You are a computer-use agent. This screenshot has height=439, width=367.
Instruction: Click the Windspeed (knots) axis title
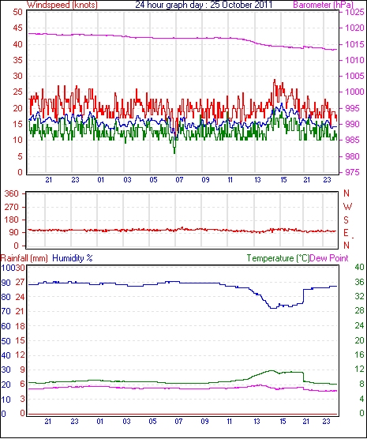[x=62, y=5]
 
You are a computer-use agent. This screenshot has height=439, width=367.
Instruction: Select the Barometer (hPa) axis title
[x=323, y=5]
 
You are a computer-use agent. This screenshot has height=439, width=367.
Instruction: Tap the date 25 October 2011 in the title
[x=241, y=5]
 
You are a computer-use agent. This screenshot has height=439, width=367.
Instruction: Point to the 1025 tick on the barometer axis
[x=354, y=13]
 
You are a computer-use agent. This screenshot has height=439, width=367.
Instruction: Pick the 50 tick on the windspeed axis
[x=17, y=13]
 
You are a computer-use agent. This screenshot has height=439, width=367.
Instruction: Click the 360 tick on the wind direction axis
[x=12, y=193]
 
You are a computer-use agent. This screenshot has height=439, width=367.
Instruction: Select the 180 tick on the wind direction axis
[x=12, y=219]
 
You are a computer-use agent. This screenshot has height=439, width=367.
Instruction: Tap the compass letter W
[x=347, y=207]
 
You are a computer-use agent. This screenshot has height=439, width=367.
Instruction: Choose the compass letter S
[x=346, y=220]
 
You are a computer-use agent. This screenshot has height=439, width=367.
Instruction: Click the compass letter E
[x=346, y=233]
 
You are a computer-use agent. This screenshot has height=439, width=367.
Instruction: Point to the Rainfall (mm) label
[x=24, y=258]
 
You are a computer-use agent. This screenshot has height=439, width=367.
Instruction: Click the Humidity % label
[x=73, y=258]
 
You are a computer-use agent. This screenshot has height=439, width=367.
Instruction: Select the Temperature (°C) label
[x=278, y=258]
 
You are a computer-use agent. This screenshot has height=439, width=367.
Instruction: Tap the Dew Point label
[x=329, y=258]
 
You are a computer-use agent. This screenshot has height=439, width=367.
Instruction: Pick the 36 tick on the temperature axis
[x=359, y=281]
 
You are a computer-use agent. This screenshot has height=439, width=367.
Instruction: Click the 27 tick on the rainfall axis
[x=21, y=282]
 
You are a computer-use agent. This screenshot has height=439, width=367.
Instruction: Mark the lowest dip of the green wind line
[x=174, y=153]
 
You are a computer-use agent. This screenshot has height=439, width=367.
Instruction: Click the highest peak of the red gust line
[x=275, y=80]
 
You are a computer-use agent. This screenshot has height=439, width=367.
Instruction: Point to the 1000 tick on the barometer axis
[x=354, y=92]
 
